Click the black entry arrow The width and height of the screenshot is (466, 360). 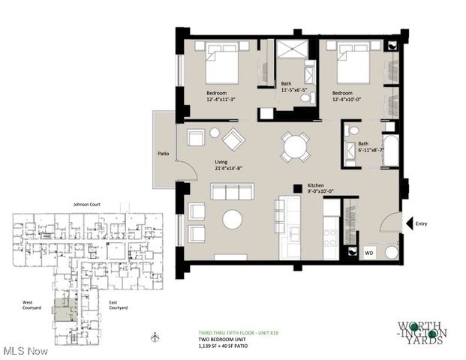pos(409,223)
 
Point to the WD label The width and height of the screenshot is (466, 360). pos(368,252)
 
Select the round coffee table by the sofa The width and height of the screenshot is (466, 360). pos(233,219)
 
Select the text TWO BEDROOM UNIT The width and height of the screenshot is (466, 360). pos(212,340)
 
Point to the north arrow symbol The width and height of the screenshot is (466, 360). pos(153,337)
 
